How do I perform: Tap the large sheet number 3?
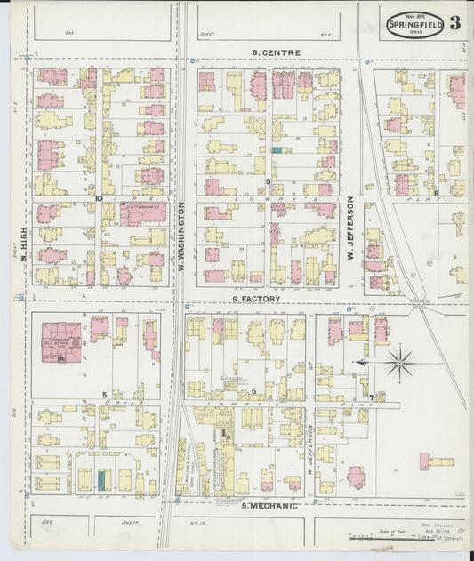(x=454, y=24)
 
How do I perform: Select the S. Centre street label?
(x=276, y=53)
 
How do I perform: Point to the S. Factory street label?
(x=256, y=300)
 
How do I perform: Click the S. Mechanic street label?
(x=269, y=505)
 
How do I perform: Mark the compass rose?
(x=399, y=362)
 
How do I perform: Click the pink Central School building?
(x=61, y=342)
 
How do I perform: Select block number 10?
(x=100, y=198)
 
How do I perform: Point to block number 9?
(x=267, y=181)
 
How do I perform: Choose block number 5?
(x=104, y=394)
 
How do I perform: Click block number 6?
(x=253, y=391)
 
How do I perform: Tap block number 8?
(x=437, y=193)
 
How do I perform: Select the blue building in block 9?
(x=277, y=150)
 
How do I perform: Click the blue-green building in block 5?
(x=101, y=480)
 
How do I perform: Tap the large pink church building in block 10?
(x=142, y=212)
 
